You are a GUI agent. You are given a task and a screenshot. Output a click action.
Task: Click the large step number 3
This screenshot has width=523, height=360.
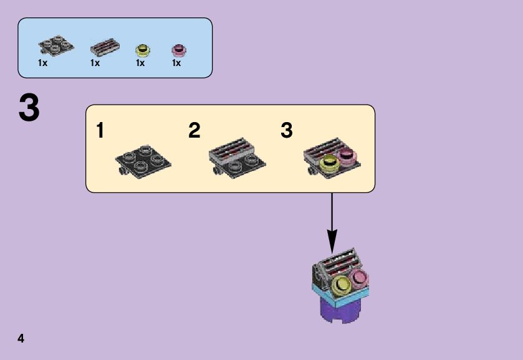(x=29, y=109)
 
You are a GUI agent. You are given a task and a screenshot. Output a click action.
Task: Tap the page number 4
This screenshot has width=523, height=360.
(x=21, y=338)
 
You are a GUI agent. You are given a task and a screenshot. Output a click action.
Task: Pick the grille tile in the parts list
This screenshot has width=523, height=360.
(x=104, y=47)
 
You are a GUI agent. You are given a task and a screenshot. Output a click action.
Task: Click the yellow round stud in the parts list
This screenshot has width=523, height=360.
(x=143, y=49)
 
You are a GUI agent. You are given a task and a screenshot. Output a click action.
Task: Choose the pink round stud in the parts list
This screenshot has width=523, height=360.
(x=180, y=49)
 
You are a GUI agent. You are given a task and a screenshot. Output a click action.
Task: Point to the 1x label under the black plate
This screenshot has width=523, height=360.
(x=43, y=63)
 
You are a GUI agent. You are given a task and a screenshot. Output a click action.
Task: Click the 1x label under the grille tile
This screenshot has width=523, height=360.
(x=95, y=63)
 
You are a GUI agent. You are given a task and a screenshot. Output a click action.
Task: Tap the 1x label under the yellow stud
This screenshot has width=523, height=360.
(x=140, y=63)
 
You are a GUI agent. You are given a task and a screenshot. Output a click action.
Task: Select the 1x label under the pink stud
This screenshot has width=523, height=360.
(x=176, y=63)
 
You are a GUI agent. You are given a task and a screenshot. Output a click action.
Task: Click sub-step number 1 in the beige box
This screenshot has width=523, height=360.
(x=100, y=131)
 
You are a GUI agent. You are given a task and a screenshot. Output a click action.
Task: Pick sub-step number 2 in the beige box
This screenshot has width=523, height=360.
(x=194, y=131)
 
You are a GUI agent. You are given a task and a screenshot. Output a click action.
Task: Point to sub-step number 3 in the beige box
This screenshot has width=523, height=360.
(x=286, y=131)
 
